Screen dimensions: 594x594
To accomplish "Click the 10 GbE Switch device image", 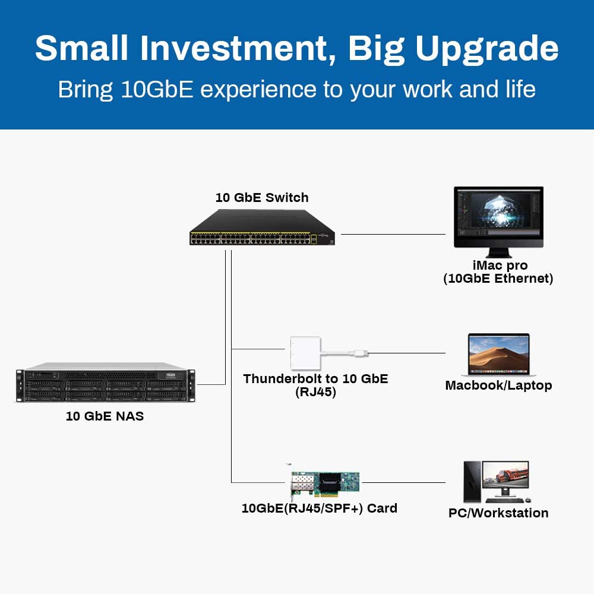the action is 262,228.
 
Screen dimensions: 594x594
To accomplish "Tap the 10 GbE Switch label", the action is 262,197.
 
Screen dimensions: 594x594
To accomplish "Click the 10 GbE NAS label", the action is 105,416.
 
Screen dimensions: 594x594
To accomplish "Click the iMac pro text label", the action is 500,265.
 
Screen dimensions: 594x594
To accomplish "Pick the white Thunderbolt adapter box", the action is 305,353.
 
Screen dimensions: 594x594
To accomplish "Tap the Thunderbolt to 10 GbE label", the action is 315,379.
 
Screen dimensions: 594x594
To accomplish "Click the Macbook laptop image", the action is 498,355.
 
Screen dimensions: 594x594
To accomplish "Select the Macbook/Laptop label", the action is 498,386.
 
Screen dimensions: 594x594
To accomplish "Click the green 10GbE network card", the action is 324,482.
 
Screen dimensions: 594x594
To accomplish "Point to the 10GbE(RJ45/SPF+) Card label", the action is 320,508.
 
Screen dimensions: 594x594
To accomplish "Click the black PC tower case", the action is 472,482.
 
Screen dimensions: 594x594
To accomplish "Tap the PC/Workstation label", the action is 498,513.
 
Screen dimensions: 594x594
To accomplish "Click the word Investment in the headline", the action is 233,48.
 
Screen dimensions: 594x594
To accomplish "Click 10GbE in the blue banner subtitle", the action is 157,90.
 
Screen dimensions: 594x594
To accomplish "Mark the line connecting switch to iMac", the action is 393,235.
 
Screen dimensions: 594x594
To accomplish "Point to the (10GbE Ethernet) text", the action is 498,279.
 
